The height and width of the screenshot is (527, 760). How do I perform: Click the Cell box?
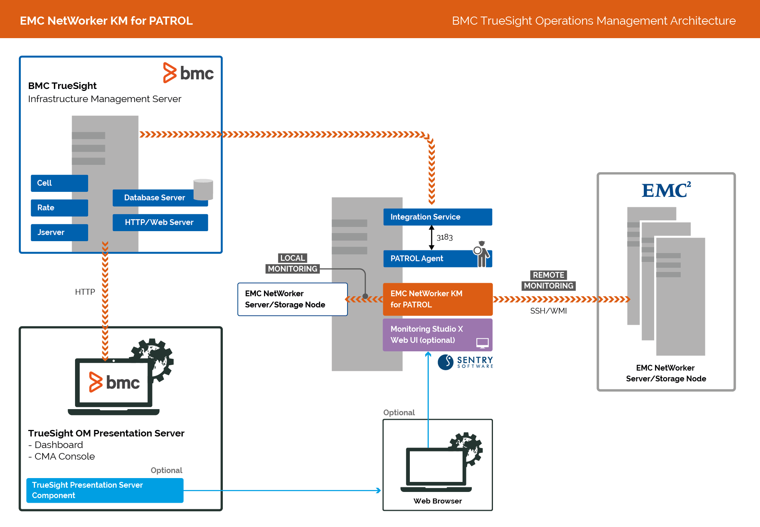coord(59,183)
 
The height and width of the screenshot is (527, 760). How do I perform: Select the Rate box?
coord(59,208)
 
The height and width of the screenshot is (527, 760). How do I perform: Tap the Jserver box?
coord(59,232)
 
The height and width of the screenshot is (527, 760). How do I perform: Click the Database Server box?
coord(155,198)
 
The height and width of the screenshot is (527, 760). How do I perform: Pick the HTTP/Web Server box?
coord(160,222)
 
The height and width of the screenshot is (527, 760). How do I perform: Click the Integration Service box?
coord(438,217)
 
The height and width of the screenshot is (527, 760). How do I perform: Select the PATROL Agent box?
coord(427,258)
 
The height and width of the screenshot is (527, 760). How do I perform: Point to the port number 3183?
coord(444,237)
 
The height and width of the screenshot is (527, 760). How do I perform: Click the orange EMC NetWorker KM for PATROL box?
coord(438,299)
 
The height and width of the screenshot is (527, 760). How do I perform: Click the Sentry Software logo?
coord(465,362)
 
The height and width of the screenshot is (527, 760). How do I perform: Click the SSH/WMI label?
coord(548,311)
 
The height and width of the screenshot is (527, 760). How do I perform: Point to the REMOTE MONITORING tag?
coord(548,280)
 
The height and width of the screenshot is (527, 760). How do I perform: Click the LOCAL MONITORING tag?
coord(292,263)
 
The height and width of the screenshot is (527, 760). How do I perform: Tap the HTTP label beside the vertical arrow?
coord(85,292)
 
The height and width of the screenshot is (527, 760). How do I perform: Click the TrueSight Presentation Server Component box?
coord(105,490)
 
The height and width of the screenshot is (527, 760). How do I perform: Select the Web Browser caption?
coord(438,501)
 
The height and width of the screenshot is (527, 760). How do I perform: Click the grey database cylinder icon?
coord(203,190)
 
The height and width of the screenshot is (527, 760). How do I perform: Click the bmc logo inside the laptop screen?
coord(114,382)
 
